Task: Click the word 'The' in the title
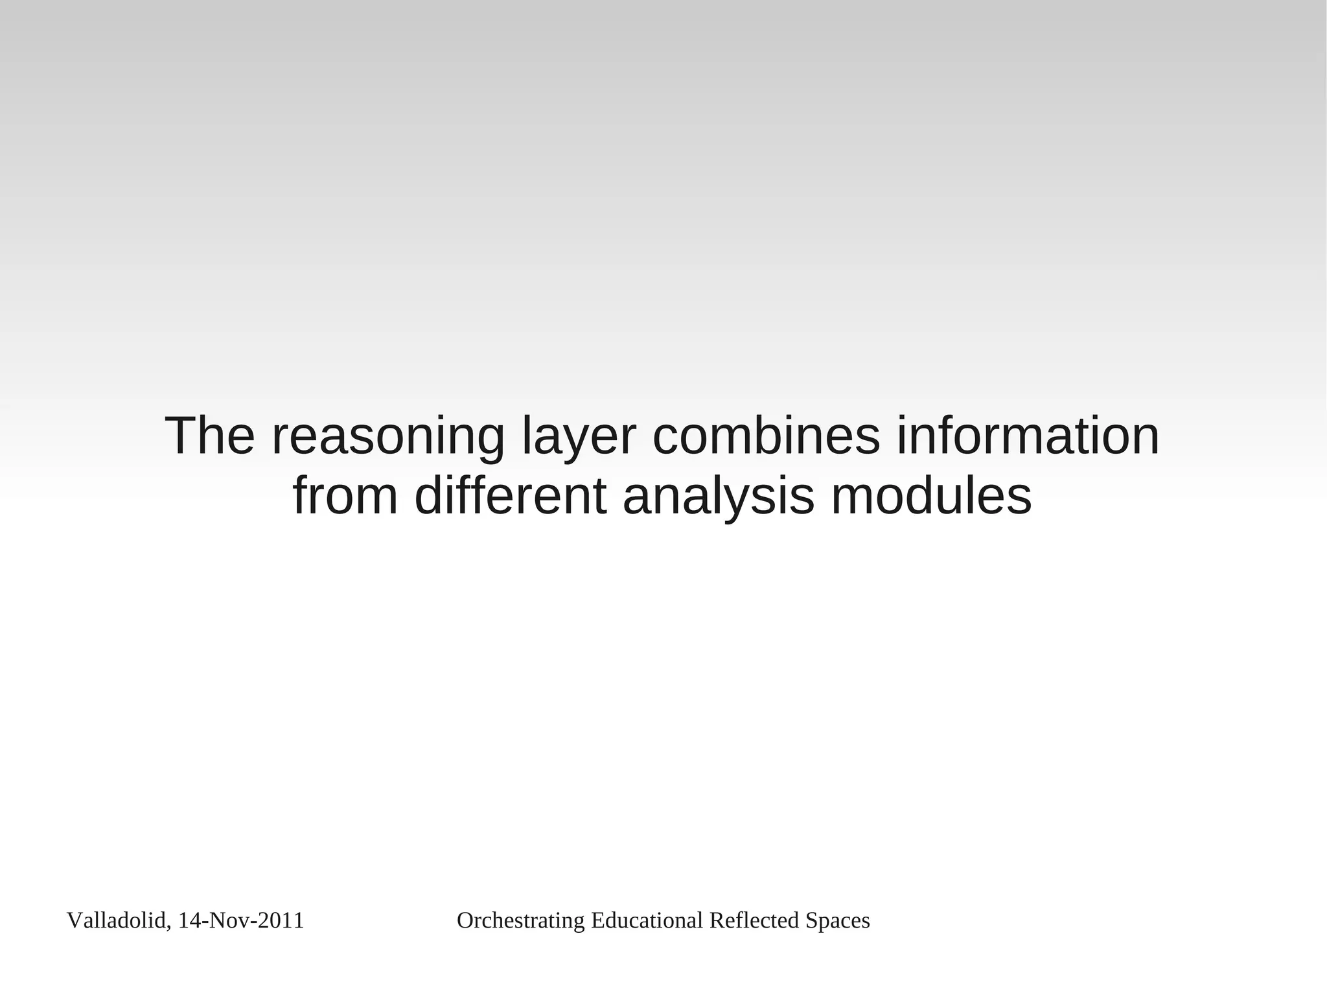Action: (210, 436)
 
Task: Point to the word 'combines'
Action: (767, 436)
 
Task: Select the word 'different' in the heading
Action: (511, 497)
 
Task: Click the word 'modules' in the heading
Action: (931, 497)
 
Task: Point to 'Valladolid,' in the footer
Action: (119, 921)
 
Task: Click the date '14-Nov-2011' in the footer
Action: (240, 920)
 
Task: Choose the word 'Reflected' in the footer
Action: (754, 920)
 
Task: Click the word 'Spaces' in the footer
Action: (837, 921)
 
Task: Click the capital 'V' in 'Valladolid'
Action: (73, 920)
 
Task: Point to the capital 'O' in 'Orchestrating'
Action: (465, 920)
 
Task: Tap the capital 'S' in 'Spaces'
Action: (810, 920)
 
